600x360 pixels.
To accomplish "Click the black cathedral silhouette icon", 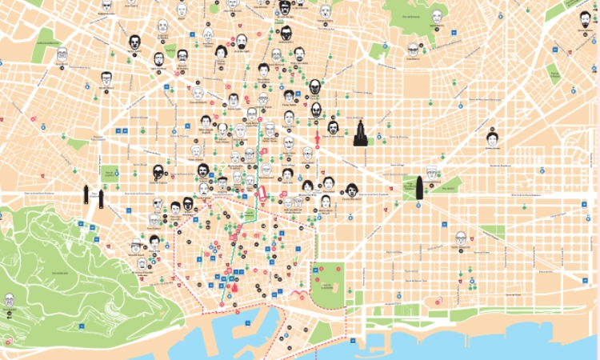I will tap(360, 134).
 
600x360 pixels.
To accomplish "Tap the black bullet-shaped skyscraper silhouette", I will tap(418, 190).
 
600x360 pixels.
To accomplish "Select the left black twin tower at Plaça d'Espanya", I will tap(86, 194).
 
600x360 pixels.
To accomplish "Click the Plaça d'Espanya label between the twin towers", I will tap(94, 192).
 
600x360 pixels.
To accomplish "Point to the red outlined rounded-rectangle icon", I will tap(261, 192).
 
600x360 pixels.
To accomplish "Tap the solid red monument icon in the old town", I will tap(234, 286).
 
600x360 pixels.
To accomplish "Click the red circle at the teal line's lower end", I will tap(222, 305).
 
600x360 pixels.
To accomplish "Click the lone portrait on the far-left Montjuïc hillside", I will tap(10, 300).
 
